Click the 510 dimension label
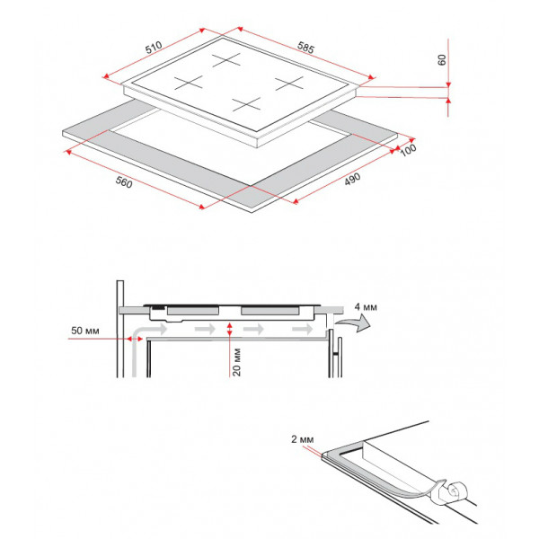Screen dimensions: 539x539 [154, 48]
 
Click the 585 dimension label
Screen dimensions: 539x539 [305, 48]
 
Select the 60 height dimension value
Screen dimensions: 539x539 [442, 60]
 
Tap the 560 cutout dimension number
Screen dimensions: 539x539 [124, 181]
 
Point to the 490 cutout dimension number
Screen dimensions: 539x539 [352, 179]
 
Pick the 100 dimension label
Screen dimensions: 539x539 [408, 150]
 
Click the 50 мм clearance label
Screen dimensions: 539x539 [85, 331]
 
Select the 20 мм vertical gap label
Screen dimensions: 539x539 [236, 362]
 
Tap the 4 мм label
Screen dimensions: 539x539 [366, 306]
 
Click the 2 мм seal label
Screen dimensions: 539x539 [303, 439]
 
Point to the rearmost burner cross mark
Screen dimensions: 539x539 [226, 60]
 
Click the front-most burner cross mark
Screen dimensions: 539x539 [246, 104]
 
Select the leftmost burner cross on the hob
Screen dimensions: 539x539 [189, 83]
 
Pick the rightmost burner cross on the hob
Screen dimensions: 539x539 [289, 84]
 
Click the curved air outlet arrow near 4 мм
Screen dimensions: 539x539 [353, 323]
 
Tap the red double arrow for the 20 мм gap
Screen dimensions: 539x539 [229, 330]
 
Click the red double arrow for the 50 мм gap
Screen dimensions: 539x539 [135, 339]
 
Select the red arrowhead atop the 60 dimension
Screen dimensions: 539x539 [448, 85]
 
